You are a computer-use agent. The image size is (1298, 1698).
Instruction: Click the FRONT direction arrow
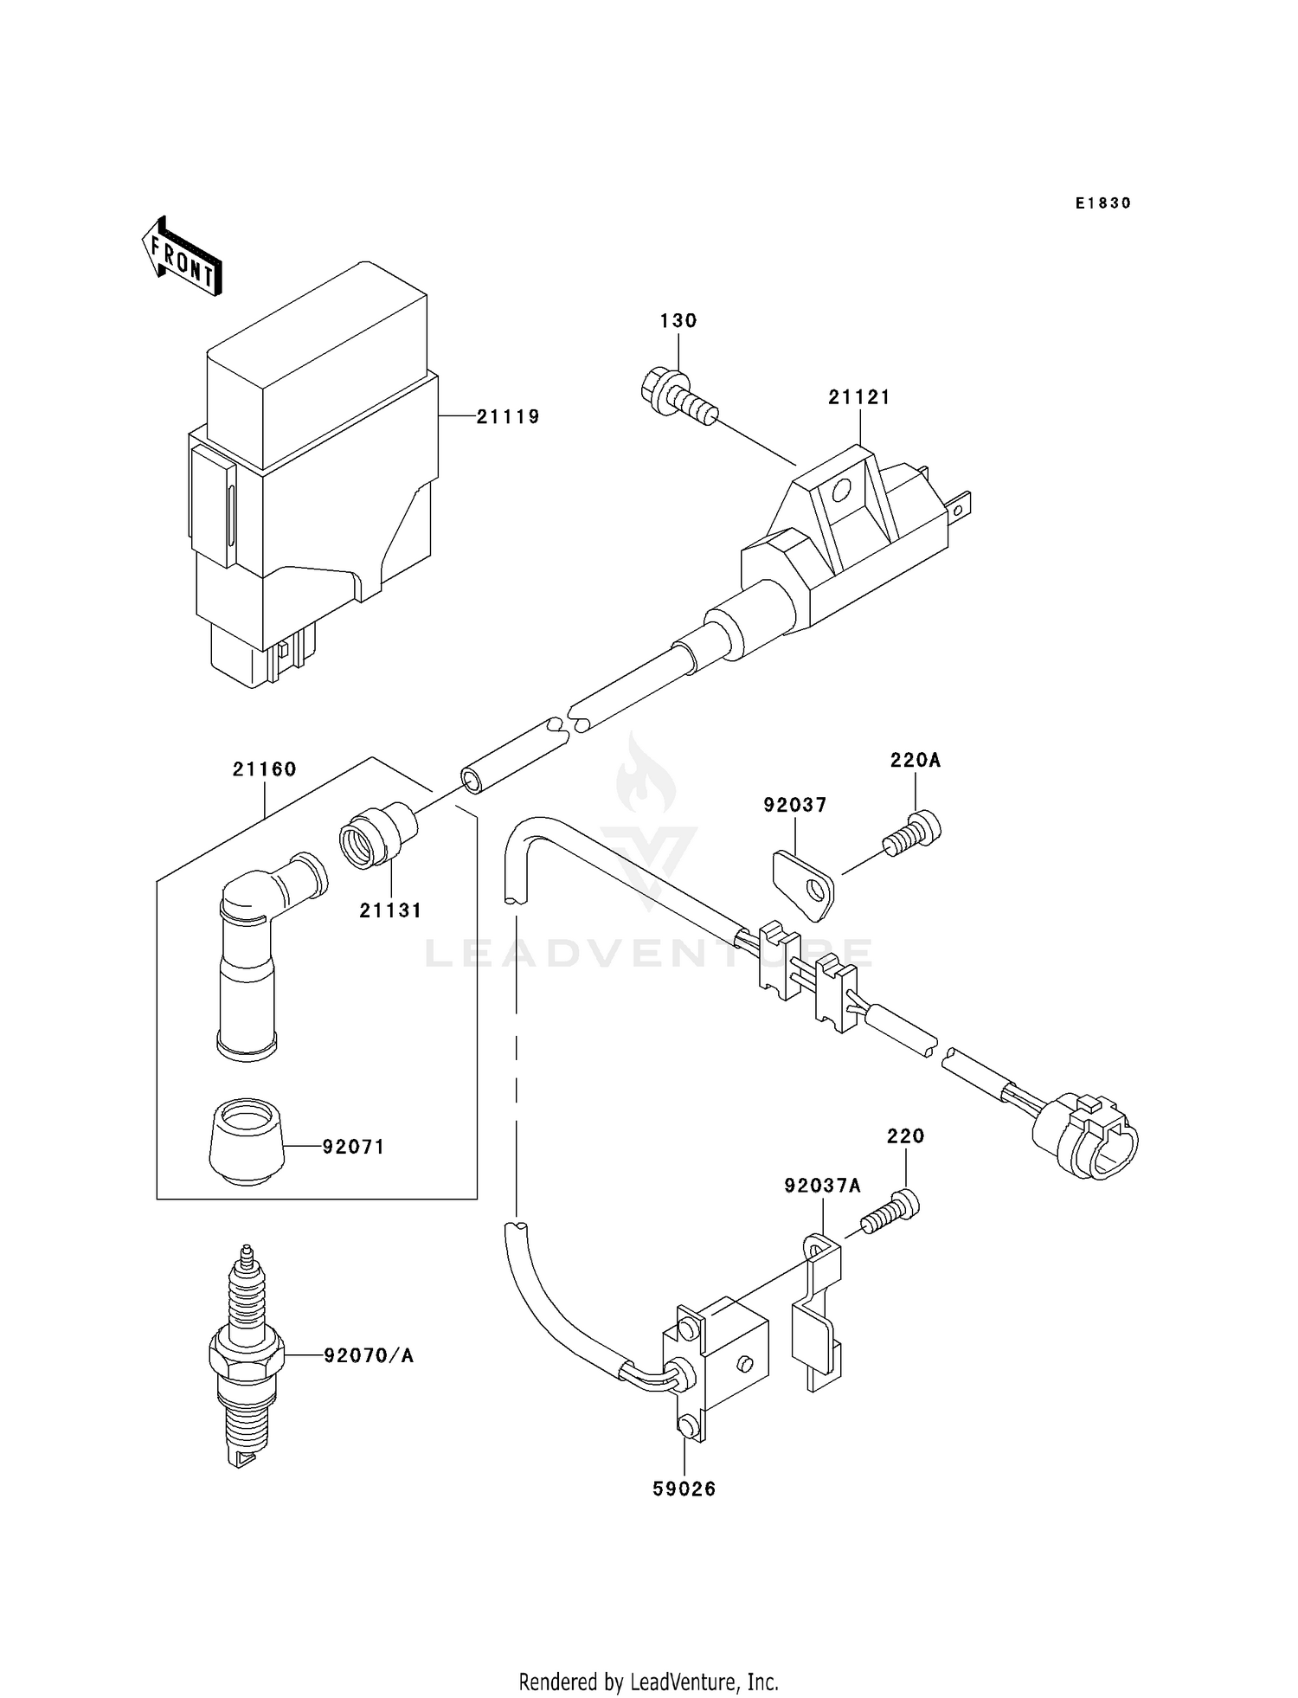[x=182, y=257]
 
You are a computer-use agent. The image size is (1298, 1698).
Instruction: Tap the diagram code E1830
[x=1102, y=203]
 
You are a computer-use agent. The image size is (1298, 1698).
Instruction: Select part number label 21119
[x=508, y=417]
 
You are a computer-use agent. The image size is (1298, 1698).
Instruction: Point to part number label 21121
[x=858, y=397]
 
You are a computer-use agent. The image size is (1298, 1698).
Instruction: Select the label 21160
[x=264, y=769]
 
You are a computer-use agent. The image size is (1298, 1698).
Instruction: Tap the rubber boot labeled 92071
[x=247, y=1141]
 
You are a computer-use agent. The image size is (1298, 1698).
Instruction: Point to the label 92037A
[x=822, y=1187]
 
